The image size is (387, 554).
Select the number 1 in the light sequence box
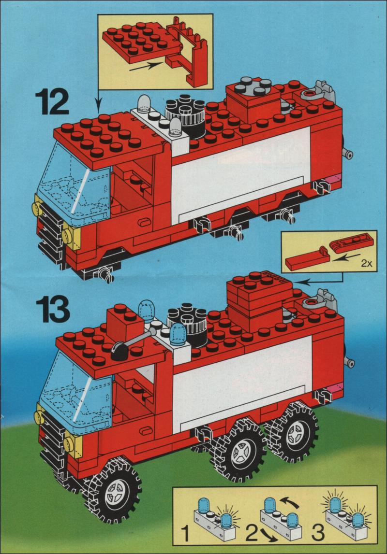[x=185, y=534]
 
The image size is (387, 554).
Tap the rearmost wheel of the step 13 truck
[x=293, y=433]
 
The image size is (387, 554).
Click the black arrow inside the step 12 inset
[x=146, y=66]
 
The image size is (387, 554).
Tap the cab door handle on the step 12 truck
[x=145, y=222]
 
